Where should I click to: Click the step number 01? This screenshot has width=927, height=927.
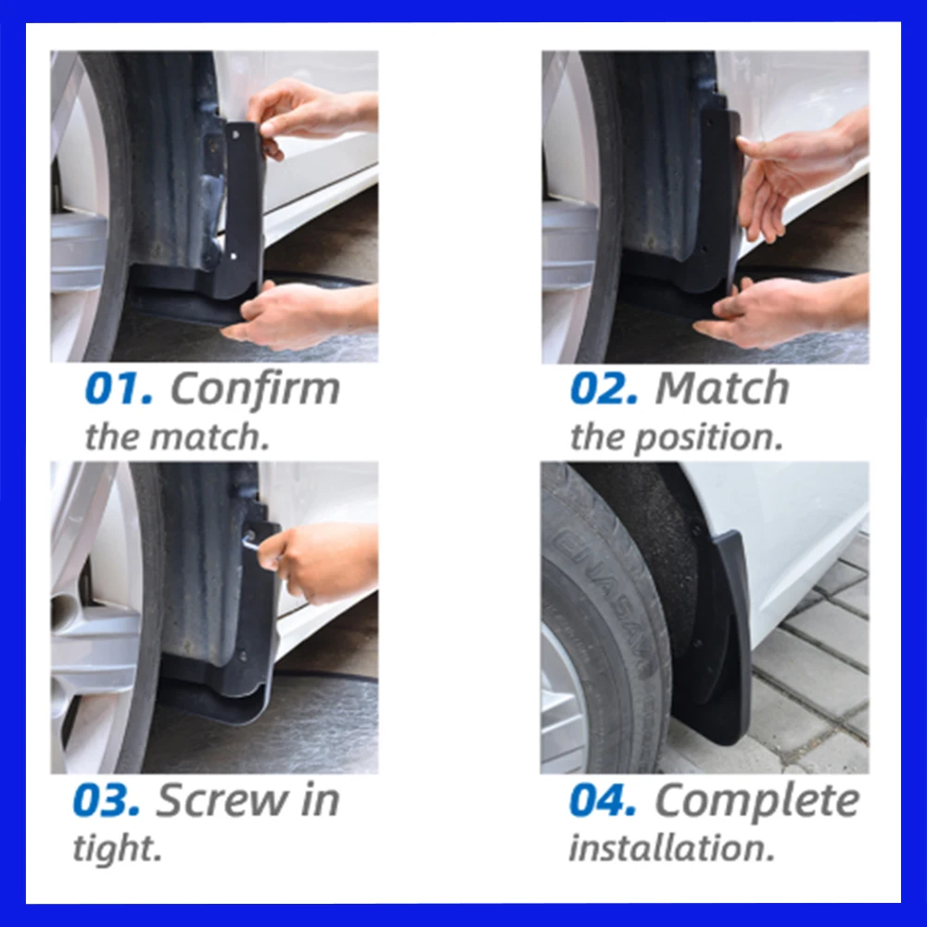click(118, 389)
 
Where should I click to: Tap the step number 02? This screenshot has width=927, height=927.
click(603, 389)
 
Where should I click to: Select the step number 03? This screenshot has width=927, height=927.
click(107, 801)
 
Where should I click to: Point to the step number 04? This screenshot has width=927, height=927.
click(603, 801)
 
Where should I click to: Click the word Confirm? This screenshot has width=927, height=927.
click(255, 389)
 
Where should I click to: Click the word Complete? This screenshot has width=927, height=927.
click(756, 801)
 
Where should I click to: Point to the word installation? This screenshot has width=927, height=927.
click(671, 848)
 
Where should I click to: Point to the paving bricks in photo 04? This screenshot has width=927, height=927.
click(816, 677)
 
